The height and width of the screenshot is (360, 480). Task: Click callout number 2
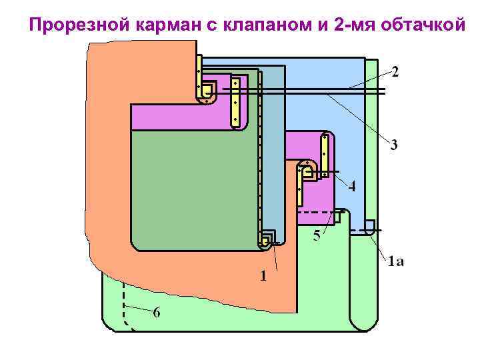click(x=396, y=72)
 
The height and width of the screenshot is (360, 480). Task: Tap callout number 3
click(x=394, y=145)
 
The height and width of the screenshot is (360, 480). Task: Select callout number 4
click(x=351, y=187)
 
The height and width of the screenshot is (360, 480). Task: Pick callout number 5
click(x=317, y=235)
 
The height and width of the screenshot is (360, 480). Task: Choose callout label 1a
click(x=395, y=261)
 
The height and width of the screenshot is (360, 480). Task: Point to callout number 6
click(x=155, y=312)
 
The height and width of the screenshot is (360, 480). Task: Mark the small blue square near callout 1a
click(x=370, y=225)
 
